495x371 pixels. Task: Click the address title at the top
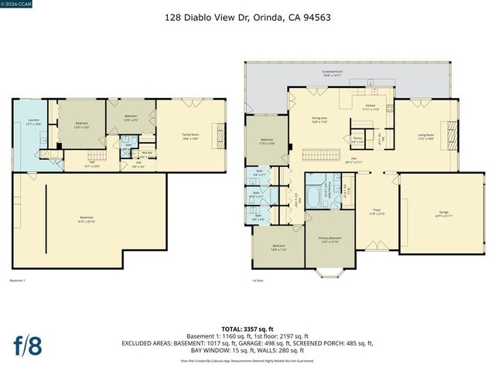click(x=247, y=15)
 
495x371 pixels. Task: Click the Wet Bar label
click(x=140, y=153)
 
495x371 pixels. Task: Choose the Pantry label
click(x=357, y=141)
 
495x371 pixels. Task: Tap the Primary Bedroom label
click(x=329, y=240)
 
